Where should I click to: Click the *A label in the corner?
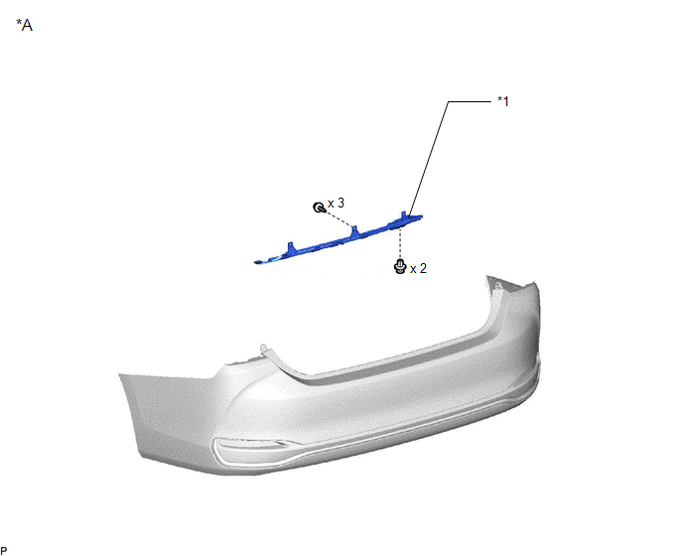[25, 25]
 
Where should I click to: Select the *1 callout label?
[503, 101]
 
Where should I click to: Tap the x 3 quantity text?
[336, 204]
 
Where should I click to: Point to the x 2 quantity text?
[418, 268]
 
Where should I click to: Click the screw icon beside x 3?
[319, 208]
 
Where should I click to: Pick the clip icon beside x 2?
[400, 266]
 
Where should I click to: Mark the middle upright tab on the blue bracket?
[354, 231]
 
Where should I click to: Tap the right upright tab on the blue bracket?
[404, 217]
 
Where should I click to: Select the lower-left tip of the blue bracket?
[255, 262]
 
